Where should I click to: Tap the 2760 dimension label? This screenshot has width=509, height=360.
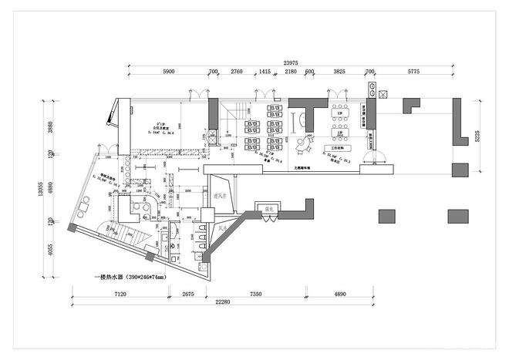[237, 72]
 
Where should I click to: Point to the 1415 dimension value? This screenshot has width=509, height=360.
[265, 72]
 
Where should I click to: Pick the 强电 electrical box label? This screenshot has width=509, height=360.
[271, 208]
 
